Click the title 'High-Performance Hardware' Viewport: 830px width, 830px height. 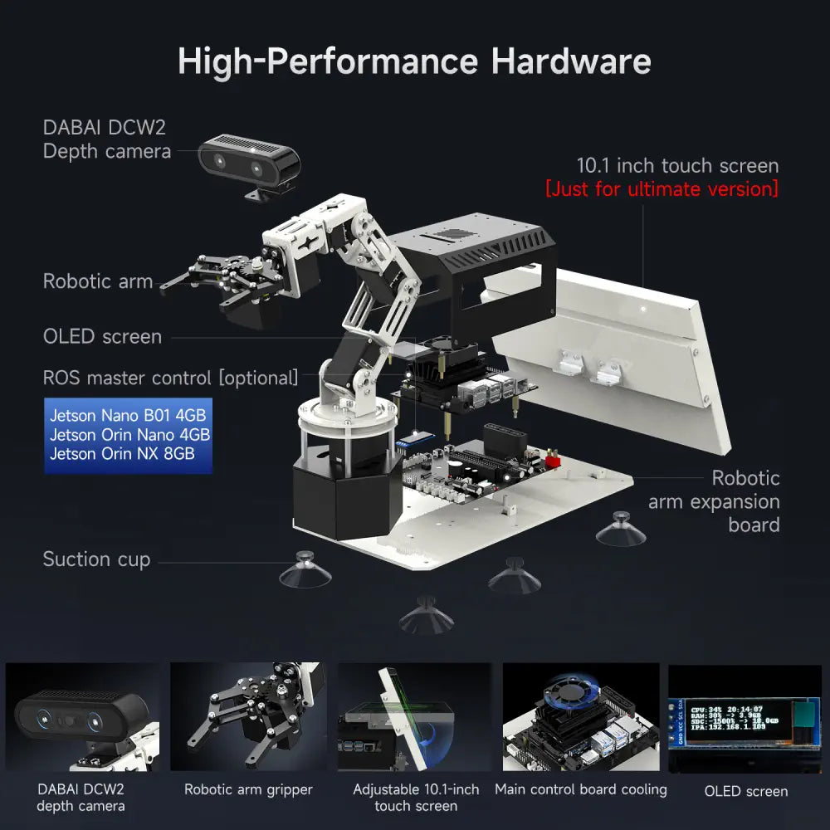(414, 62)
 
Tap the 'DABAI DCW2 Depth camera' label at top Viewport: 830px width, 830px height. (107, 139)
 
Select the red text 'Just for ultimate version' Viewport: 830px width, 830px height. (662, 189)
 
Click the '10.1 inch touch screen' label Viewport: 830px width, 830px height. (677, 165)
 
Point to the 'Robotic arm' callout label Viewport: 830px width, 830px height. (98, 281)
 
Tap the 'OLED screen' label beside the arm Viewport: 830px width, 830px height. (102, 336)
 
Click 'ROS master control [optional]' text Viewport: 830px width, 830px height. (170, 378)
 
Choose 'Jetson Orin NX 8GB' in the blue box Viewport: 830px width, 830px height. (122, 453)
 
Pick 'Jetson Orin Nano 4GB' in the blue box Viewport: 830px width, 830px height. (129, 434)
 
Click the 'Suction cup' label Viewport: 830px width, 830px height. (96, 559)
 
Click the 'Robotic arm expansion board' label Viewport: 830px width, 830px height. (714, 501)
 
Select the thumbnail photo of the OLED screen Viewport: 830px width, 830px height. (745, 718)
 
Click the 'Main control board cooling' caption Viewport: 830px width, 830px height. (581, 789)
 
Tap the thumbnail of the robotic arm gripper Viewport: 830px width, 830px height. (248, 718)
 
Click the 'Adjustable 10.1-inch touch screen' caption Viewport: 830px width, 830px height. (416, 798)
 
